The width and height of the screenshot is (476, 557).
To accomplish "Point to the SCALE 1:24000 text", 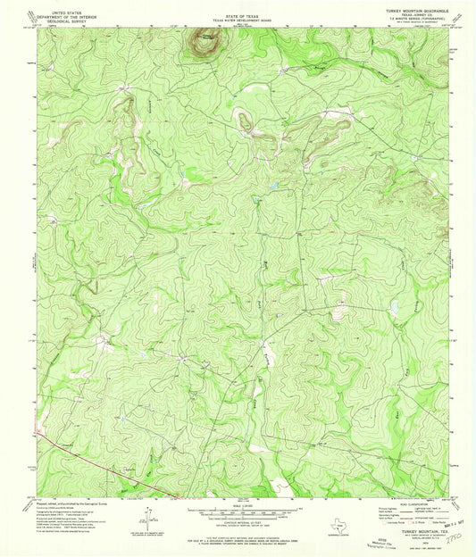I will (234, 505).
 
